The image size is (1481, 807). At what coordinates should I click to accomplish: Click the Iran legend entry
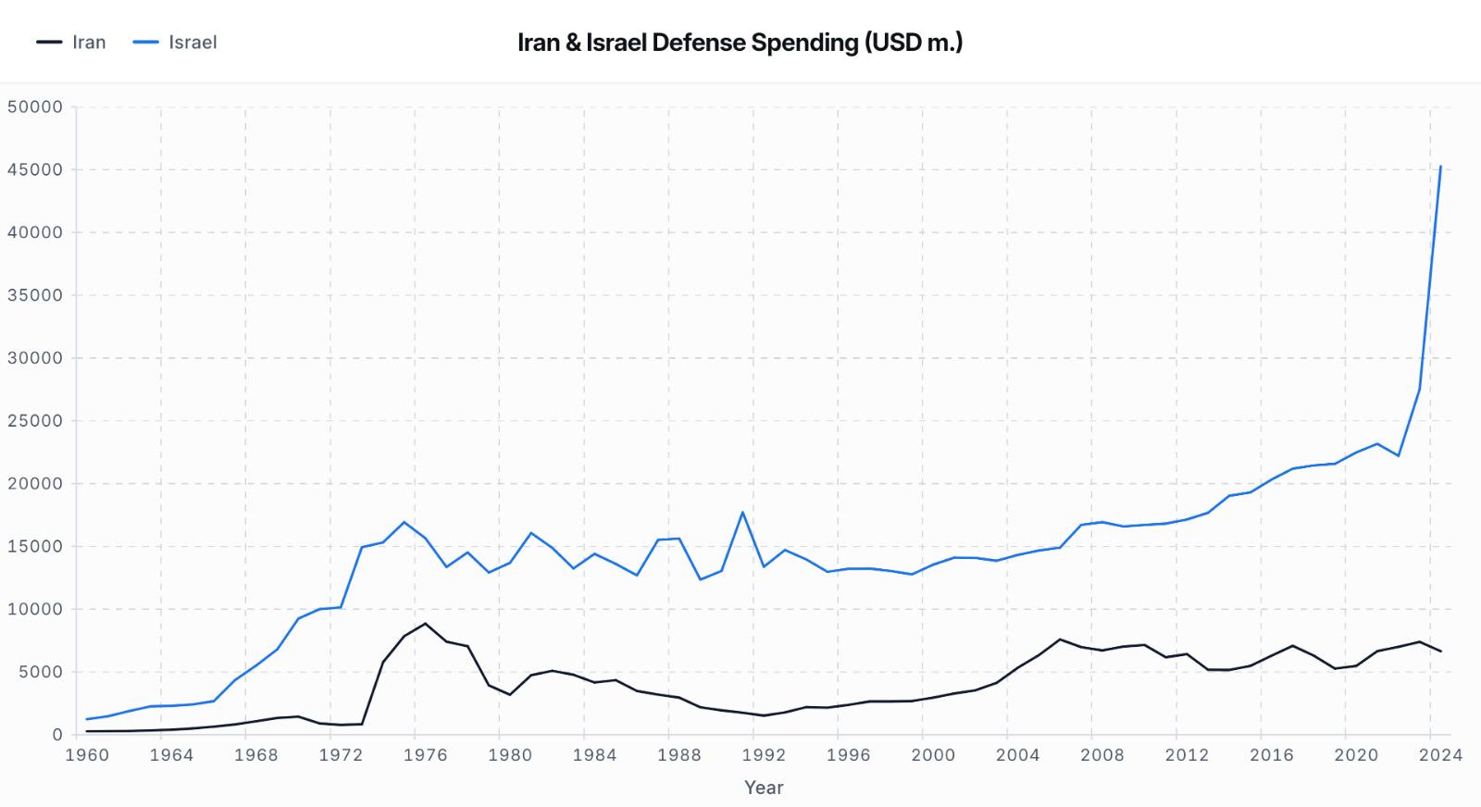point(72,43)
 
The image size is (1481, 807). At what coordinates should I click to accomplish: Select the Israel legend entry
point(176,43)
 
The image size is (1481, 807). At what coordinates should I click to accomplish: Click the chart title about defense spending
point(740,43)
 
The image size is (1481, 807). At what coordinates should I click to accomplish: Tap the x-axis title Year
point(764,788)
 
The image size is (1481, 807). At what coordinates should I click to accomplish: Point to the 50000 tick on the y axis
point(35,106)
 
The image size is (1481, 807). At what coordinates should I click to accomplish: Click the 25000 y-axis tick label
point(35,421)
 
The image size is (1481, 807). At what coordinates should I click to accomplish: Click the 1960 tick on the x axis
point(87,755)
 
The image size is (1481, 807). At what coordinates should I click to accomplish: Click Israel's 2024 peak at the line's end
point(1440,167)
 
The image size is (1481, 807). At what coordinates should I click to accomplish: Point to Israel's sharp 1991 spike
point(742,513)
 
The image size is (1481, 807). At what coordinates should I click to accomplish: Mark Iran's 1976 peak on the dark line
point(425,624)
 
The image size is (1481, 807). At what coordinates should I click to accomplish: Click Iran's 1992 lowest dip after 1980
point(764,715)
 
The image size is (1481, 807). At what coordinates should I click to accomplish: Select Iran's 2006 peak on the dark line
point(1060,639)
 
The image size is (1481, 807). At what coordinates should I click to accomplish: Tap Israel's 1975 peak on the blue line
point(404,522)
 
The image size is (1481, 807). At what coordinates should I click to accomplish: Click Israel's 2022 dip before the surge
point(1398,455)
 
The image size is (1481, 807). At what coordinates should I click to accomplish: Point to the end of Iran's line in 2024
point(1440,652)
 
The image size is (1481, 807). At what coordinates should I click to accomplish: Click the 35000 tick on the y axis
point(35,295)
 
